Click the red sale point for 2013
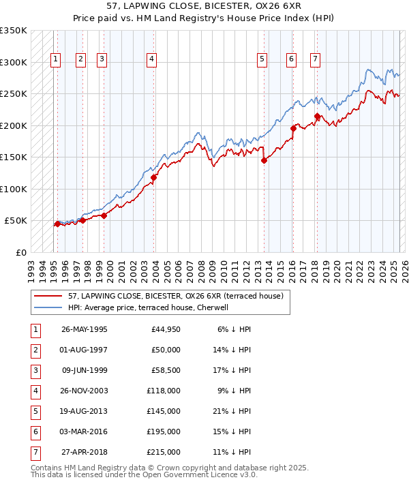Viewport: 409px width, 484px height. pyautogui.click(x=264, y=161)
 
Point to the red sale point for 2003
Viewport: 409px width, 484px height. pyautogui.click(x=154, y=178)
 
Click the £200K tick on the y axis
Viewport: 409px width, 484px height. pyautogui.click(x=14, y=125)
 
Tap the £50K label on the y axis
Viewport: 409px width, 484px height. pyautogui.click(x=16, y=221)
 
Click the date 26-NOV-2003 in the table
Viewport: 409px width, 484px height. pyautogui.click(x=85, y=391)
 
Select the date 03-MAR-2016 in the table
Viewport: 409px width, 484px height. pyautogui.click(x=85, y=432)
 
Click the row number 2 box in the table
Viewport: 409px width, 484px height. pyautogui.click(x=35, y=350)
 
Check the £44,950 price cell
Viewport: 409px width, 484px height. pyautogui.click(x=164, y=329)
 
